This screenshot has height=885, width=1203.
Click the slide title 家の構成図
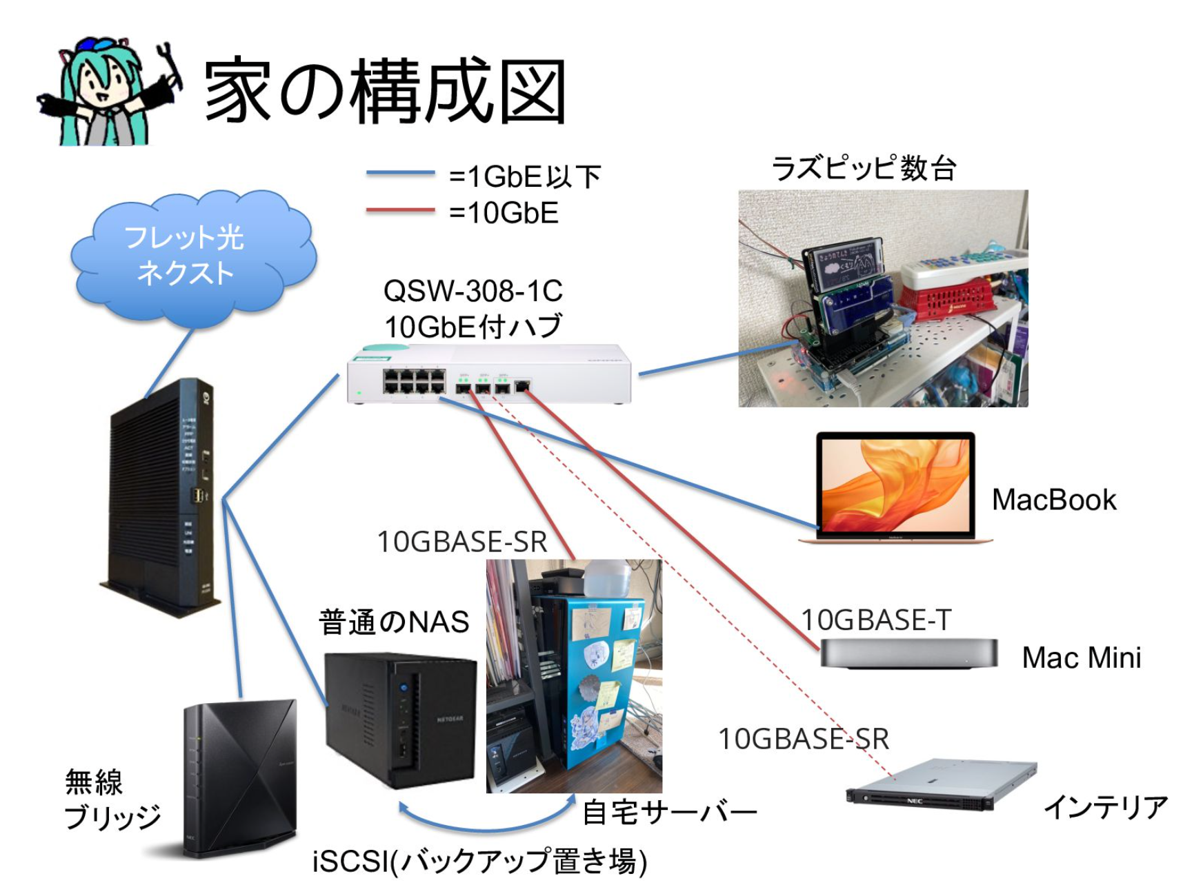click(x=385, y=92)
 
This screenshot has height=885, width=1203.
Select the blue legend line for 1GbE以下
click(x=400, y=173)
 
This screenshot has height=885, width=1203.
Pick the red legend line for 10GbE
click(x=400, y=210)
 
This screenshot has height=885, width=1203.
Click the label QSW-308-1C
click(x=473, y=292)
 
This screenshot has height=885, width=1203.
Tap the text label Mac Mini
click(x=1081, y=658)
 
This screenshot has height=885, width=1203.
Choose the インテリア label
click(x=1105, y=807)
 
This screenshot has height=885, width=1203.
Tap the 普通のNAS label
click(x=394, y=622)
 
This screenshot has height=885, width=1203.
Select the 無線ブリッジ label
click(x=110, y=800)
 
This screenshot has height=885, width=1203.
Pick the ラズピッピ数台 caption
click(x=864, y=168)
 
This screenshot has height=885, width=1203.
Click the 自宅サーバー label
click(x=669, y=813)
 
